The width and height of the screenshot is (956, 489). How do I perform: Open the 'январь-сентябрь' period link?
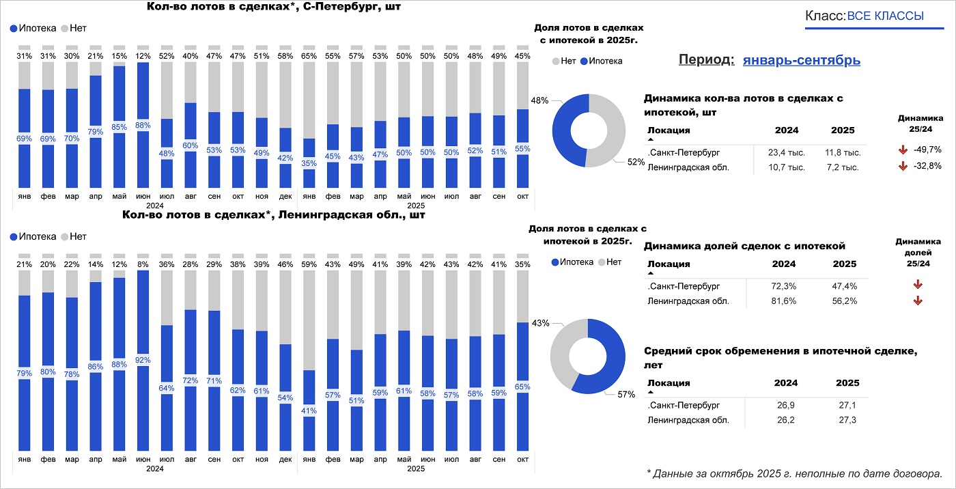pyautogui.click(x=801, y=60)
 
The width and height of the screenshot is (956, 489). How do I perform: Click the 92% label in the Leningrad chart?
pyautogui.click(x=143, y=360)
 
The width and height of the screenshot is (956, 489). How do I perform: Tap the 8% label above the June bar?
pyautogui.click(x=143, y=264)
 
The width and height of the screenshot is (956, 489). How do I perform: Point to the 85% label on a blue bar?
pyautogui.click(x=119, y=126)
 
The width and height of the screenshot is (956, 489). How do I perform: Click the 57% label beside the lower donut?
pyautogui.click(x=626, y=395)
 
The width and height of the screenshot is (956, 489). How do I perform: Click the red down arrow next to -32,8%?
pyautogui.click(x=902, y=166)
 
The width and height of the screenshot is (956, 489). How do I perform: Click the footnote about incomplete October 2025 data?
pyautogui.click(x=794, y=473)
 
